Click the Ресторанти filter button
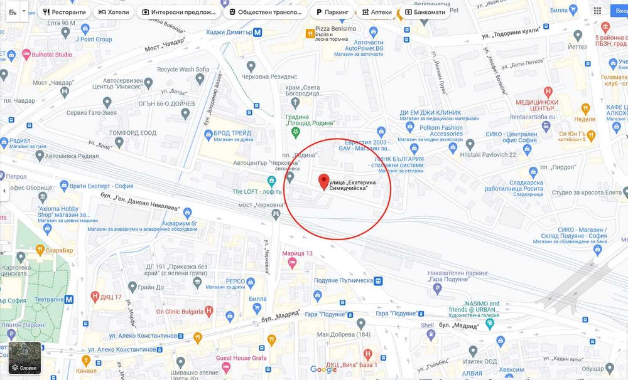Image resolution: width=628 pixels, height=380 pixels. tap(65, 12)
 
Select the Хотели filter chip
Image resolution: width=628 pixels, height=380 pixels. tap(114, 12)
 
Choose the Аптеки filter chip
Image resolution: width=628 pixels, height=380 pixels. tap(376, 12)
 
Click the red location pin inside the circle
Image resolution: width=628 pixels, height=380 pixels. tap(324, 182)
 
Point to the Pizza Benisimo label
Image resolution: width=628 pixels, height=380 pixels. tap(335, 29)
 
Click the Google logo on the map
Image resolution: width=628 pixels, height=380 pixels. tap(323, 369)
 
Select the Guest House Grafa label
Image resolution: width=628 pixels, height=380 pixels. tap(242, 358)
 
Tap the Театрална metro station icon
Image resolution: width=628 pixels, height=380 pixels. tap(68, 299)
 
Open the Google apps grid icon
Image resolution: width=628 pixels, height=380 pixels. tap(597, 11)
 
